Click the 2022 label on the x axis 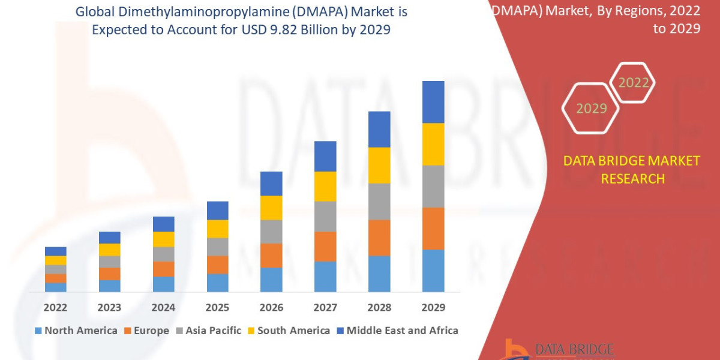click(55, 307)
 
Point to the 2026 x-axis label click(271, 307)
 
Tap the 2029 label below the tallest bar click(433, 307)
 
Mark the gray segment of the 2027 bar click(325, 216)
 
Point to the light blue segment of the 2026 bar click(271, 280)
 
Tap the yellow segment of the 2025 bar click(217, 229)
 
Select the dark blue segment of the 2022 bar click(55, 251)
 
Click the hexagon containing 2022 click(633, 83)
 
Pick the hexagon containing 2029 click(591, 109)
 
